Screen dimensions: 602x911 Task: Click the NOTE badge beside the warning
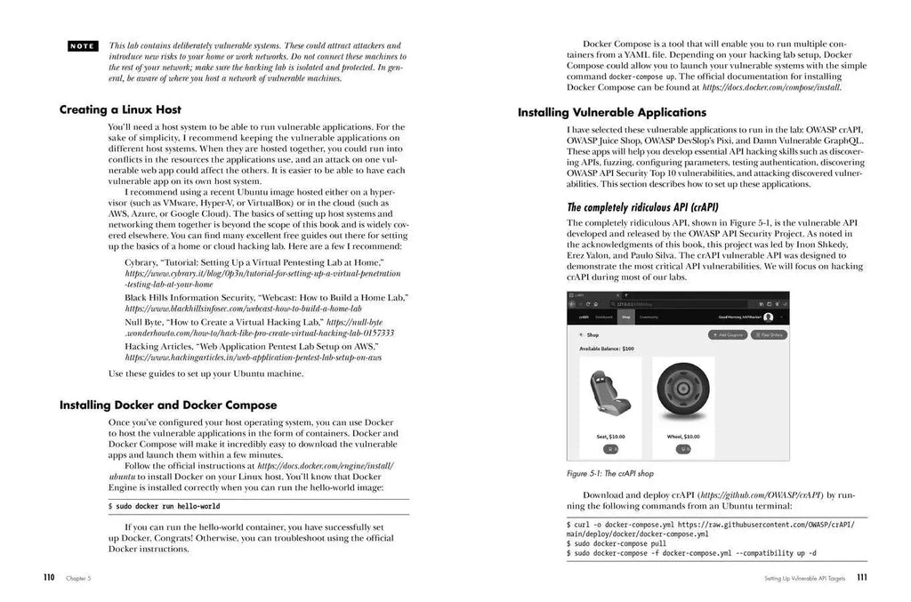(x=83, y=44)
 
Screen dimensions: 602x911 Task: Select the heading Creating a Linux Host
(x=120, y=109)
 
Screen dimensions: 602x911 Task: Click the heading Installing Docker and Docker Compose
(x=168, y=405)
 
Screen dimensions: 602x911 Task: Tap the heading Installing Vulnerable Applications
(x=612, y=113)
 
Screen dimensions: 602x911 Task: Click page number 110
(x=49, y=577)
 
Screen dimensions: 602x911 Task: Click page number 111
(x=862, y=577)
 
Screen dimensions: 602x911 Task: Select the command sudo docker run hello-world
(x=164, y=506)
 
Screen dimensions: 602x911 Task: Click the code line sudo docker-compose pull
(x=616, y=542)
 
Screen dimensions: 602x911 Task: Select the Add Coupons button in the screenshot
(x=727, y=335)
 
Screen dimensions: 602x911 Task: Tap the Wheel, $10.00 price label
(x=682, y=437)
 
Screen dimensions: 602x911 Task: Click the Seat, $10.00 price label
(x=609, y=437)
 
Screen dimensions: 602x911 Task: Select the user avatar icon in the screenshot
(x=769, y=317)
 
